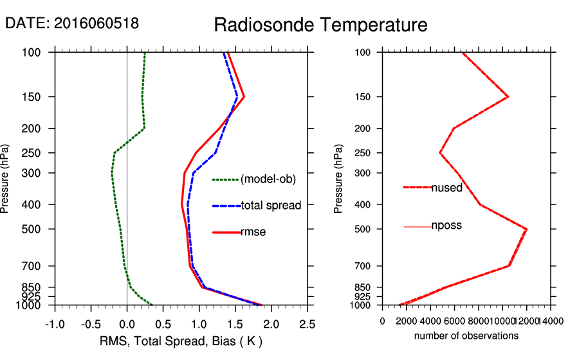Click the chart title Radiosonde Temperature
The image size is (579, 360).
[x=320, y=25]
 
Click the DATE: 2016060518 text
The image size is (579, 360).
[x=72, y=23]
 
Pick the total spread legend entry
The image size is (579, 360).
[x=271, y=206]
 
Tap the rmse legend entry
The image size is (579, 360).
[x=253, y=232]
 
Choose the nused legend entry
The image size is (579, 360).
[x=446, y=188]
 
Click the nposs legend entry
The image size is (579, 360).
[x=446, y=226]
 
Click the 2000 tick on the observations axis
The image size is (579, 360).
[x=407, y=321]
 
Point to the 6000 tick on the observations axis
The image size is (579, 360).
[x=455, y=321]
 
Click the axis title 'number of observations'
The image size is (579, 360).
[x=466, y=336]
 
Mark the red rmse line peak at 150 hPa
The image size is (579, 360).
[x=244, y=97]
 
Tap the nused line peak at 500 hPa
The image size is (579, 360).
[x=527, y=229]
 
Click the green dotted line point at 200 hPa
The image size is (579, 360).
[x=144, y=128]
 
